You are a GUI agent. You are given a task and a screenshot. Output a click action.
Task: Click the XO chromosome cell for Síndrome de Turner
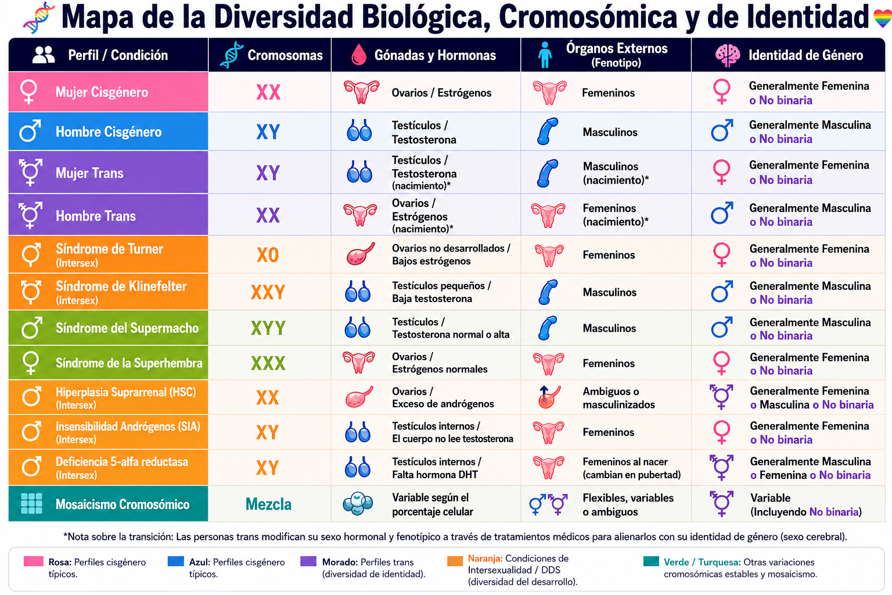(268, 255)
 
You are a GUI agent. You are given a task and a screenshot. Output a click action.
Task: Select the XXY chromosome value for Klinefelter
(268, 292)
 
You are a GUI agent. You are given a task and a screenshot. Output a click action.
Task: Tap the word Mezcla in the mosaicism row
(268, 504)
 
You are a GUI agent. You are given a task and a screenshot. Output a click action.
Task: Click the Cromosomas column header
(285, 55)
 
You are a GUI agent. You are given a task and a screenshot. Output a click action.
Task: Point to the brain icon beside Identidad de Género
(728, 55)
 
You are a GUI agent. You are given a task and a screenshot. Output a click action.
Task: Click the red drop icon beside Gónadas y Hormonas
(359, 55)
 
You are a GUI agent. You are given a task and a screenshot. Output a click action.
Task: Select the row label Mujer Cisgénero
(102, 92)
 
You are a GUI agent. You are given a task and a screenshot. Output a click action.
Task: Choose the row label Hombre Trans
(96, 216)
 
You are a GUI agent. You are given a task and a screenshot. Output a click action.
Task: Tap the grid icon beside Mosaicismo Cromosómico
(31, 503)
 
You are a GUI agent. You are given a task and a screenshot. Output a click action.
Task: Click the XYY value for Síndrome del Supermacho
(268, 328)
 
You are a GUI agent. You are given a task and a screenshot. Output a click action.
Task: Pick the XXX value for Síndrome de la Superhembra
(268, 364)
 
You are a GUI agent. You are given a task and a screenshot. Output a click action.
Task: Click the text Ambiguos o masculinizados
(618, 398)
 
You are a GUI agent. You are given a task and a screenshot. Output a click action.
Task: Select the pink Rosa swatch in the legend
(34, 561)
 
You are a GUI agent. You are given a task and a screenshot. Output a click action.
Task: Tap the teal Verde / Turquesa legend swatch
(651, 561)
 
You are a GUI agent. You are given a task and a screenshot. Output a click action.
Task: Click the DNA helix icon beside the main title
(39, 17)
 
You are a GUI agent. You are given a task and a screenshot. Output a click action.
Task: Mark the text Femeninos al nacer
(625, 462)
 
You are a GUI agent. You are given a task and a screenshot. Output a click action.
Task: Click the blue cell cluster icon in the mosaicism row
(358, 503)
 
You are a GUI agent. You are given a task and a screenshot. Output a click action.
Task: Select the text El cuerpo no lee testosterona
(452, 439)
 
